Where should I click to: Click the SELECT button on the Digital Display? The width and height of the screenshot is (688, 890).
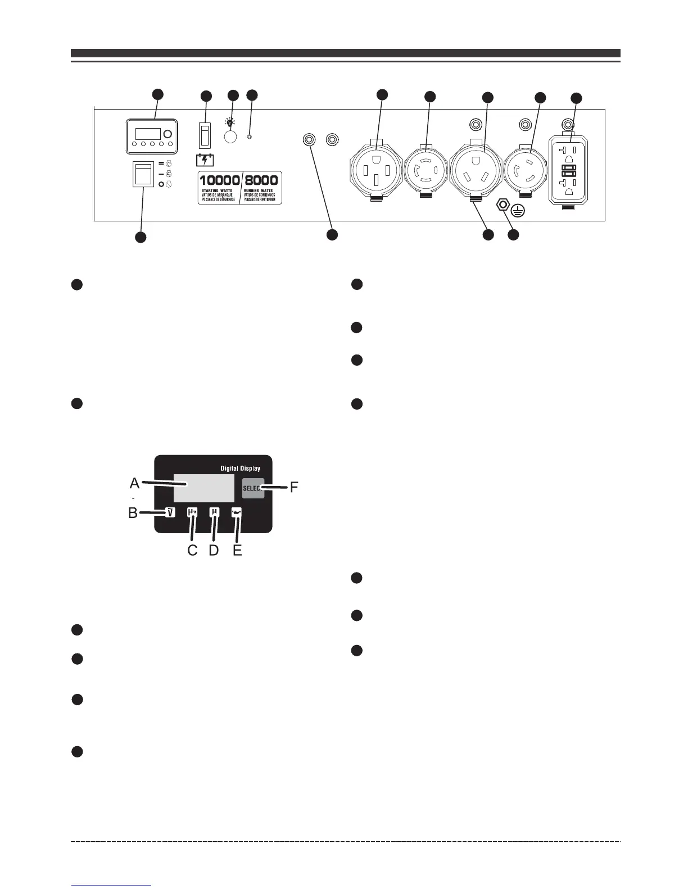click(x=253, y=489)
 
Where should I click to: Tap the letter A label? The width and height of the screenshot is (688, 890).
click(x=135, y=483)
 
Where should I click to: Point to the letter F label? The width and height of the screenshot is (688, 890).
click(x=293, y=487)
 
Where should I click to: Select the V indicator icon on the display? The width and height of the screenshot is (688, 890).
click(x=170, y=512)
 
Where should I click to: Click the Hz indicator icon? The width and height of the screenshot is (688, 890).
click(x=192, y=512)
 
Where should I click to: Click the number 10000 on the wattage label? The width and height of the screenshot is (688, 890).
click(x=220, y=180)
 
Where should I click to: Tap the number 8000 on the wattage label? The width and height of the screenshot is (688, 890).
click(x=261, y=180)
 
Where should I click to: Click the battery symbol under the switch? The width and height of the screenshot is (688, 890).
click(x=204, y=160)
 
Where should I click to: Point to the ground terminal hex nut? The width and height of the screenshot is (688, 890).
click(x=504, y=205)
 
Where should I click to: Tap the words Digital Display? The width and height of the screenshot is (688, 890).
click(x=239, y=468)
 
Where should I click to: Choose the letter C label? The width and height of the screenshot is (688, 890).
click(x=193, y=551)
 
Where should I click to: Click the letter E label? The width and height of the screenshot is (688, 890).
click(x=237, y=551)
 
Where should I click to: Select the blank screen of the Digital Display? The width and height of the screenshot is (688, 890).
click(x=203, y=488)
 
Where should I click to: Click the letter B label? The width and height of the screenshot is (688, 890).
click(x=133, y=513)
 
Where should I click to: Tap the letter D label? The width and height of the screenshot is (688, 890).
click(x=214, y=551)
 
